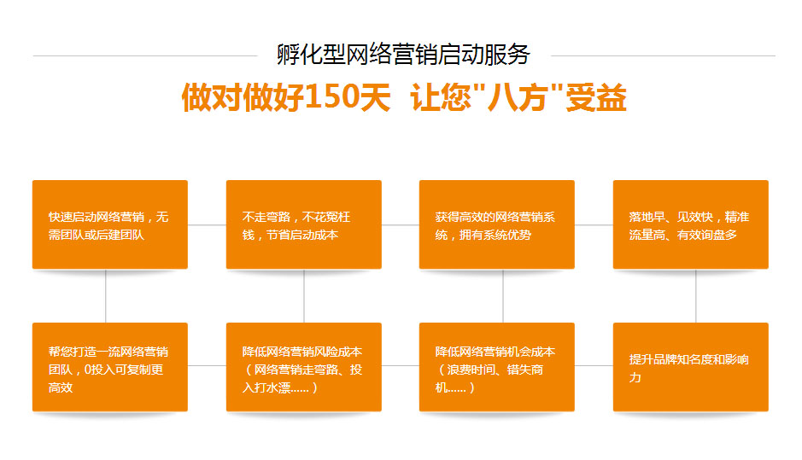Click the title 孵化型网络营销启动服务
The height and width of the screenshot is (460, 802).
click(x=403, y=55)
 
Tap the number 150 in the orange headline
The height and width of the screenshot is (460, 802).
click(x=332, y=97)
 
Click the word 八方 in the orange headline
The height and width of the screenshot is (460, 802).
click(x=517, y=97)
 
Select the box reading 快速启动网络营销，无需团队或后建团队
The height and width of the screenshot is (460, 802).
click(x=110, y=224)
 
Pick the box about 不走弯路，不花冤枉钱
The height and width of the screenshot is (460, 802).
click(x=304, y=224)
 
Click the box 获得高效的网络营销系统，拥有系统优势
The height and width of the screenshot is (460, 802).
click(x=496, y=224)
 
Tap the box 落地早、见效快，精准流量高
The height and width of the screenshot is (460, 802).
click(x=690, y=224)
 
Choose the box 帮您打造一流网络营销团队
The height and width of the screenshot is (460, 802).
click(x=110, y=367)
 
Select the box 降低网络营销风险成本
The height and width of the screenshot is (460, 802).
click(x=304, y=367)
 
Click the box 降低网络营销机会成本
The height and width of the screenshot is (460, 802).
click(x=496, y=367)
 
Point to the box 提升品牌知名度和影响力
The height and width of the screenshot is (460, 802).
click(x=690, y=367)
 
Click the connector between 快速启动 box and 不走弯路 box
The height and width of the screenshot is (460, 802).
click(x=207, y=225)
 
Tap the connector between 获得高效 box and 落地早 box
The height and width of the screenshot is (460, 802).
click(x=594, y=225)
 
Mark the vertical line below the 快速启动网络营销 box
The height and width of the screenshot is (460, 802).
click(x=106, y=295)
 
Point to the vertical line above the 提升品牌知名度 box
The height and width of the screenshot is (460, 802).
click(x=695, y=295)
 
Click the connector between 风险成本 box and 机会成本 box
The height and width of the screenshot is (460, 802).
click(x=400, y=365)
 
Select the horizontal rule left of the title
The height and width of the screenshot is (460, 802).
click(x=145, y=55)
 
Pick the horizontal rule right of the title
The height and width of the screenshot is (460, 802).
click(x=663, y=55)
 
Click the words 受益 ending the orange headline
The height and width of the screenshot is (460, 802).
click(x=596, y=97)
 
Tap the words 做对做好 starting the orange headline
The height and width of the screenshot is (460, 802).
click(x=243, y=97)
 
